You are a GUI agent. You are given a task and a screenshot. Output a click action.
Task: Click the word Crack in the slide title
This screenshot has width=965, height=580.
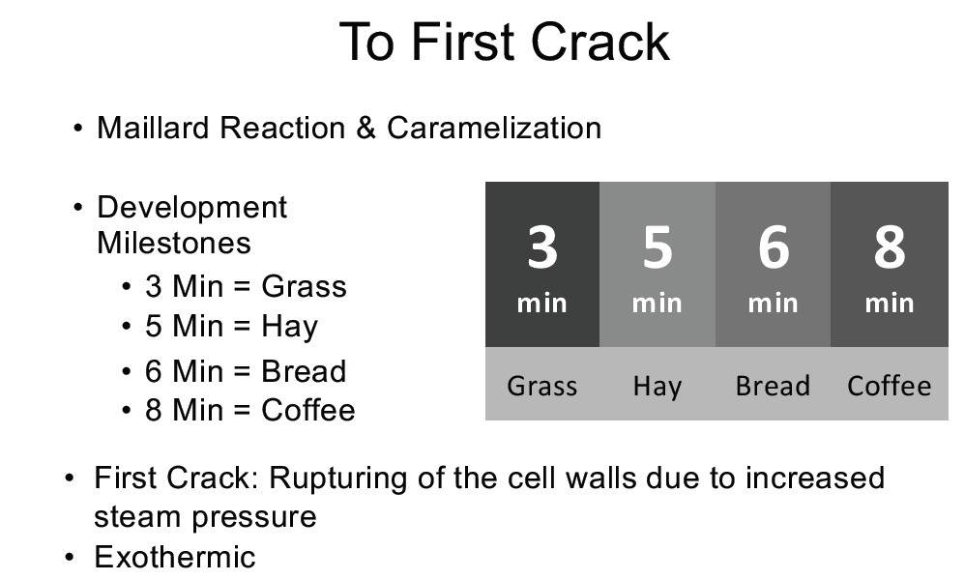(x=600, y=42)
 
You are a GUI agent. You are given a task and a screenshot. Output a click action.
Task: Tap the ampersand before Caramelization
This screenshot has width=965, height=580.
(x=366, y=128)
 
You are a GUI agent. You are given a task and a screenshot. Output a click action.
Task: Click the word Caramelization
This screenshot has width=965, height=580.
(x=494, y=128)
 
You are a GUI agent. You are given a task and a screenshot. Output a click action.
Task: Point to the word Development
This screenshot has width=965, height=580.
(x=192, y=208)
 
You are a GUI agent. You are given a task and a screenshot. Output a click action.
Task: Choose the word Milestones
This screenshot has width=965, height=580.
(x=174, y=243)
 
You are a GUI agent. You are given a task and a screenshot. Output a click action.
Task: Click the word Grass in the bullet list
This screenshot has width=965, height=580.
(x=304, y=287)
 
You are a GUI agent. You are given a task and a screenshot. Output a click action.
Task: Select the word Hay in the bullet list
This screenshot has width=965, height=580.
(x=289, y=327)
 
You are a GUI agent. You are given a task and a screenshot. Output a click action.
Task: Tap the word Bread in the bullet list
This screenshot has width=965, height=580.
(x=304, y=371)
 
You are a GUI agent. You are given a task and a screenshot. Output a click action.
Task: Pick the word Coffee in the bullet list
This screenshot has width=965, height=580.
(x=308, y=410)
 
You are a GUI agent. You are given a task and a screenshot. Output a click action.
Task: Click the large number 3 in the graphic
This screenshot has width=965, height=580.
(x=542, y=246)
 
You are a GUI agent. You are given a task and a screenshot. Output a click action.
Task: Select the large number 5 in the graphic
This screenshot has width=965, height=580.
(x=658, y=246)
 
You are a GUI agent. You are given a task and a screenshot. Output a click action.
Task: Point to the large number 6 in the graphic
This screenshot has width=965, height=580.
(x=773, y=246)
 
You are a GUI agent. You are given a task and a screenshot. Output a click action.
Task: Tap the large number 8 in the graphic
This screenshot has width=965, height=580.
(x=890, y=246)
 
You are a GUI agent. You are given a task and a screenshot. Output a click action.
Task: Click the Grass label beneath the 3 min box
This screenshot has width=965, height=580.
(x=542, y=387)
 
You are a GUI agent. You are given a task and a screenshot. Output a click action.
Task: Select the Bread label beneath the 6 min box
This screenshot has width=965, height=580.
(x=773, y=387)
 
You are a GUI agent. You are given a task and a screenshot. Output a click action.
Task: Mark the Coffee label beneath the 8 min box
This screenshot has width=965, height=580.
(x=890, y=387)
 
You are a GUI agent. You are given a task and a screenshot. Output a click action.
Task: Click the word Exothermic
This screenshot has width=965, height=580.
(x=175, y=557)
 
